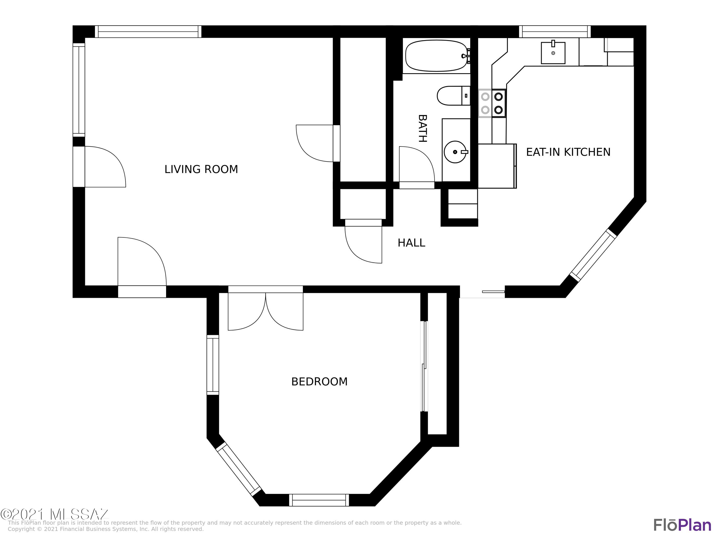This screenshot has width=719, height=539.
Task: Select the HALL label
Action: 411,243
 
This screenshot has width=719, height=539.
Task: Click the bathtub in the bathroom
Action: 436,56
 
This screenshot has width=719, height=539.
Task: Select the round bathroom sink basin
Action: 455,152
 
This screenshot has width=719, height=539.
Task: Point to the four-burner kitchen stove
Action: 492,103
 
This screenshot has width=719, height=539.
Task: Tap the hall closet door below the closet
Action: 363,242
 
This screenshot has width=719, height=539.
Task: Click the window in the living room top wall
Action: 148,32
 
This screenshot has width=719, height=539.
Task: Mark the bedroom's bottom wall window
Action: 319,500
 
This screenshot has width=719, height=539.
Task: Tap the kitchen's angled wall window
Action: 593,255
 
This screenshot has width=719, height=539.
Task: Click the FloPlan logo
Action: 682,525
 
